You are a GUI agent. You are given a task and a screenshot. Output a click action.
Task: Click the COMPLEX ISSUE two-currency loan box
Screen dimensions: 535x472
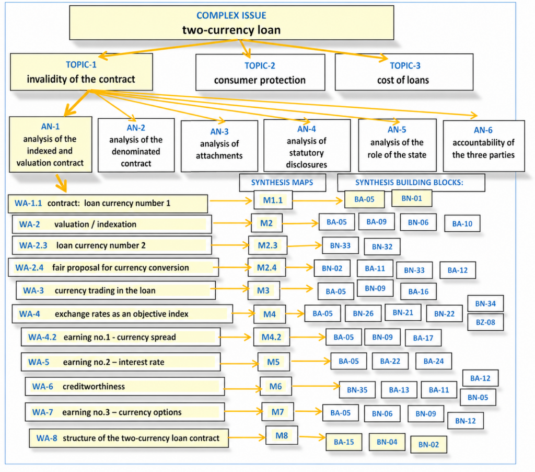click(x=231, y=23)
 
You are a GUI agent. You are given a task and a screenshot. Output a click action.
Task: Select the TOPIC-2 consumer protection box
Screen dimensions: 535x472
click(x=260, y=72)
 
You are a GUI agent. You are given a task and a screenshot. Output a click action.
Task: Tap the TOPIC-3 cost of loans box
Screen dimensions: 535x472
click(x=404, y=72)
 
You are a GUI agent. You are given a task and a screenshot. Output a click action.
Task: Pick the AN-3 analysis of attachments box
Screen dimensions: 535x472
click(x=219, y=146)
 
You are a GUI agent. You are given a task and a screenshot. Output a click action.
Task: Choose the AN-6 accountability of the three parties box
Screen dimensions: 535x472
click(x=483, y=146)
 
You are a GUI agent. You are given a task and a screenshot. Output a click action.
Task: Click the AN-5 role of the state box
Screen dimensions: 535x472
click(x=397, y=145)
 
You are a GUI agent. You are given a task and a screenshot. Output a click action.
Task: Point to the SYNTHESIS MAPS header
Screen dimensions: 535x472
click(x=282, y=183)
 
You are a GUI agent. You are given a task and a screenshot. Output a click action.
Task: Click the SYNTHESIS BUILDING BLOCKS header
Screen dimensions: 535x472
click(x=411, y=183)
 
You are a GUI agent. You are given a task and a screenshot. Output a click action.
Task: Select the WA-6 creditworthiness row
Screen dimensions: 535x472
click(x=124, y=387)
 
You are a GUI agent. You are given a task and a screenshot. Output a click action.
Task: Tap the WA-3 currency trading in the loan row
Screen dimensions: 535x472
click(x=115, y=290)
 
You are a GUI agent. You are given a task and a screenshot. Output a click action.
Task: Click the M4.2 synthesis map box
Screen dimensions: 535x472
click(x=271, y=337)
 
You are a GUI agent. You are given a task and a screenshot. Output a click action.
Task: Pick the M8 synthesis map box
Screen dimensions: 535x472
click(x=282, y=435)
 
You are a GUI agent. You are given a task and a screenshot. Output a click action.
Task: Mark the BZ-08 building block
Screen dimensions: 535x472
click(x=485, y=322)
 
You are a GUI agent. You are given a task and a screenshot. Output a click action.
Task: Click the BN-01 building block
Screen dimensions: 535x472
click(x=412, y=198)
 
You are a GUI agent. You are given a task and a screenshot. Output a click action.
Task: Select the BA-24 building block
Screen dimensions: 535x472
click(x=434, y=361)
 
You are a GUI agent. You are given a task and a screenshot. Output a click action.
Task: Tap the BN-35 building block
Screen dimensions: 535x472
click(x=357, y=390)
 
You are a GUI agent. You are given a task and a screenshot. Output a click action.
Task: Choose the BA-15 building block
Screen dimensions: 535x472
click(x=344, y=442)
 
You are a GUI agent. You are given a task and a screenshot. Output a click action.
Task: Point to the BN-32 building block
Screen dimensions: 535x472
click(x=382, y=247)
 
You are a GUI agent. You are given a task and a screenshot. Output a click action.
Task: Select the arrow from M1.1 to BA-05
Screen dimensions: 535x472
click(x=318, y=200)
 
